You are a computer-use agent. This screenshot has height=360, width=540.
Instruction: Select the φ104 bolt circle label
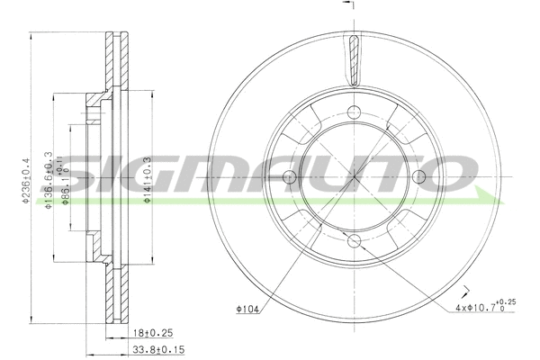pyautogui.click(x=249, y=311)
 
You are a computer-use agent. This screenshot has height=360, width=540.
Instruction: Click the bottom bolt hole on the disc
pyautogui.click(x=355, y=240)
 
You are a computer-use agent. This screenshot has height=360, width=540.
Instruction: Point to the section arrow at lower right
pyautogui.click(x=466, y=290)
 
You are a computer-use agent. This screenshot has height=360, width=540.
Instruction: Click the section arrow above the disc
pyautogui.click(x=355, y=7)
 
